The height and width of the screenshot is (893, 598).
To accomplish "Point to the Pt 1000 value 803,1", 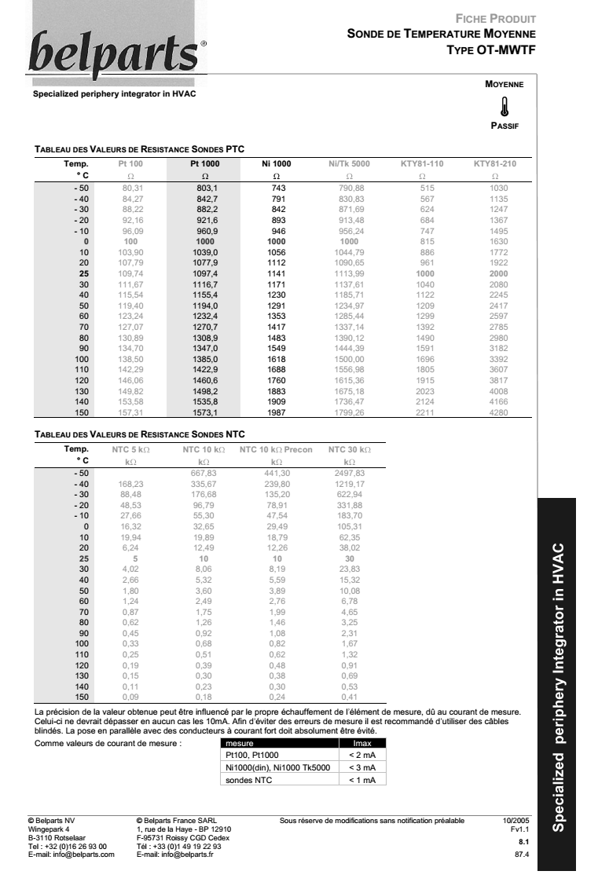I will point(205,188).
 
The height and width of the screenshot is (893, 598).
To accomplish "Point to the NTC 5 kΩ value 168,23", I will point(130,485).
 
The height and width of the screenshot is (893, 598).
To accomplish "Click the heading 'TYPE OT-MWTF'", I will point(490,49).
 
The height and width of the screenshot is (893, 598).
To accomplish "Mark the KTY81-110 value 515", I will point(427,188).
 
